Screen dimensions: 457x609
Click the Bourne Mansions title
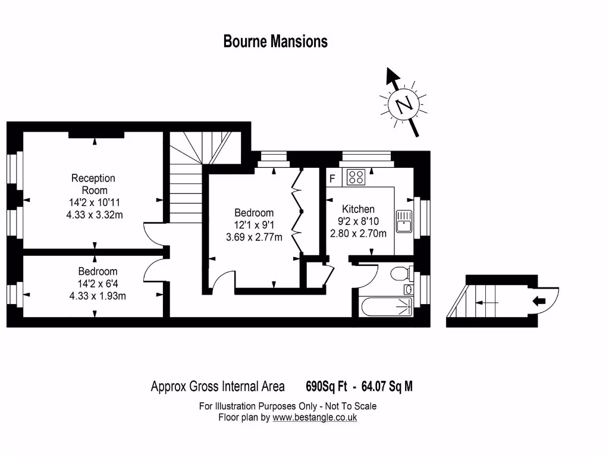point(275,42)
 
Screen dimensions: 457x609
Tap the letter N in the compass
point(405,105)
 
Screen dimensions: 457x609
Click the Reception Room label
point(93,184)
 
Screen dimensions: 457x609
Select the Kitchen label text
point(358,209)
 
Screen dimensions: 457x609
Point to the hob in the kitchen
point(356,177)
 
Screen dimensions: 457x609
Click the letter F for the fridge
point(332,178)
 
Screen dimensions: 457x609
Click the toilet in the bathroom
point(400,273)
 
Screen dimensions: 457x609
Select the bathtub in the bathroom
point(386,307)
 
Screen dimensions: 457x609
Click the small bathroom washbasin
point(409,290)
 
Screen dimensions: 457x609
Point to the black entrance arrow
point(539,301)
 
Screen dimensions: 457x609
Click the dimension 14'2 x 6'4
point(98,283)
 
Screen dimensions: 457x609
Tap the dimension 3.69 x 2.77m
point(254,237)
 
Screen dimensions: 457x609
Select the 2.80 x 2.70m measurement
point(358,233)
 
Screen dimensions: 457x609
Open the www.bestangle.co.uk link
point(315,418)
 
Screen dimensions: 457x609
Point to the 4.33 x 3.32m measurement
point(95,214)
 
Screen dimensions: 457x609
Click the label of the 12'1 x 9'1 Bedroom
point(254,212)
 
